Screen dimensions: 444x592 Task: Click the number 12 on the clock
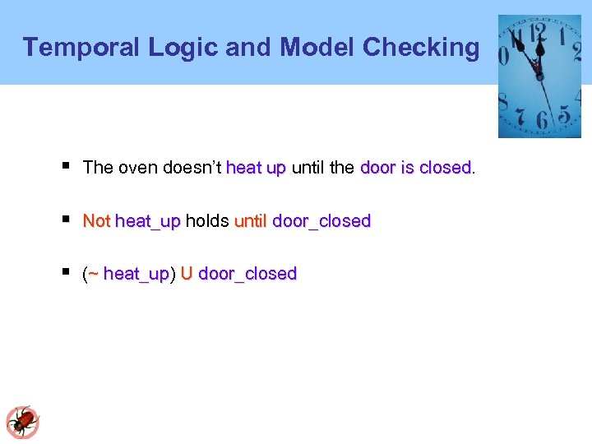click(539, 32)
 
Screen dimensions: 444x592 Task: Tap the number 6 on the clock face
click(541, 120)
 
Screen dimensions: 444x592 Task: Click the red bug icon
click(22, 422)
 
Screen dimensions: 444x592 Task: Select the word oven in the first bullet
click(137, 168)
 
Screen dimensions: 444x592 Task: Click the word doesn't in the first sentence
click(192, 168)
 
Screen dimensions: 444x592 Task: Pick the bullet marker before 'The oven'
click(66, 167)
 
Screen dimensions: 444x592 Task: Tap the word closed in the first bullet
click(445, 168)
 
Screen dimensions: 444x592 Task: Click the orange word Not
click(96, 221)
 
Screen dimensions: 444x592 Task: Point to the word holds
click(207, 221)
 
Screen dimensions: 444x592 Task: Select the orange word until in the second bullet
click(250, 221)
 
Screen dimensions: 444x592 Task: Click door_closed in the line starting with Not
click(321, 221)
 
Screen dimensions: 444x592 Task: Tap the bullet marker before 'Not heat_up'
click(66, 220)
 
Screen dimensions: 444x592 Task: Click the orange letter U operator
click(187, 274)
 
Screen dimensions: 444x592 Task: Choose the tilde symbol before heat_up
click(93, 274)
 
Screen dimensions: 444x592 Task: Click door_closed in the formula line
click(247, 274)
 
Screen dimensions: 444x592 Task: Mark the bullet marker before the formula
click(66, 272)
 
